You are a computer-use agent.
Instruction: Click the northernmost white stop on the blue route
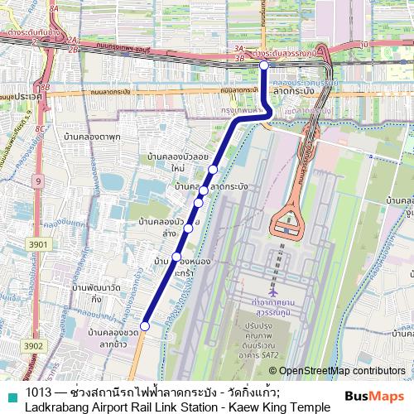[263, 65]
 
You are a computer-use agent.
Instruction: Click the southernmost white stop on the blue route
[145, 326]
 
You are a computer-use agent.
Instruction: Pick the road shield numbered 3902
[34, 346]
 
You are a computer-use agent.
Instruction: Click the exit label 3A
[238, 50]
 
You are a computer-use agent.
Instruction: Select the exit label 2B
[72, 50]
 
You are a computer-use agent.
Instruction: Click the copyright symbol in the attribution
[272, 372]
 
